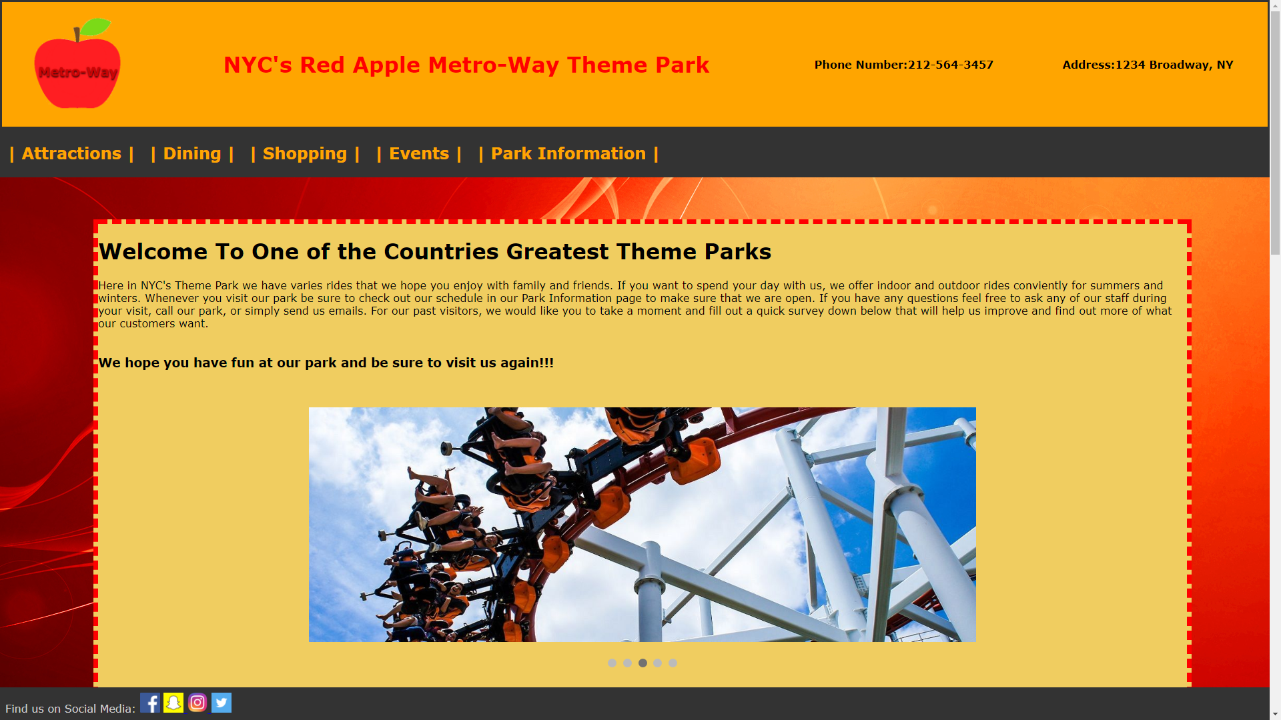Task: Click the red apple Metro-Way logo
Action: [x=77, y=64]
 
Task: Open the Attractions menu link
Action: [x=71, y=154]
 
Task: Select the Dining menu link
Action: [x=192, y=154]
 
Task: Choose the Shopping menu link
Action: [x=305, y=154]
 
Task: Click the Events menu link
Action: [x=419, y=154]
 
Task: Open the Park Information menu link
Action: [x=568, y=154]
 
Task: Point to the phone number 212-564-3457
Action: [x=951, y=65]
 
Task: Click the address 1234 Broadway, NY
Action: [x=1174, y=65]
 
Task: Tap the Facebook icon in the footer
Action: [x=150, y=703]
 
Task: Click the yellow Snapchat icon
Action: [x=173, y=703]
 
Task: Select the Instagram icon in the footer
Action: [x=197, y=703]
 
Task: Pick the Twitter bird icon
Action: [x=222, y=703]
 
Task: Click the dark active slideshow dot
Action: [x=643, y=663]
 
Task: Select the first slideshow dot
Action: [x=612, y=663]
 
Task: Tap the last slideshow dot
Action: [x=673, y=663]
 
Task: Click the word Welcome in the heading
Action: [x=153, y=252]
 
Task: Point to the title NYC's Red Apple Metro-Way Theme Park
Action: [x=466, y=65]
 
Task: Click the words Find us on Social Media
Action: [x=70, y=709]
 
